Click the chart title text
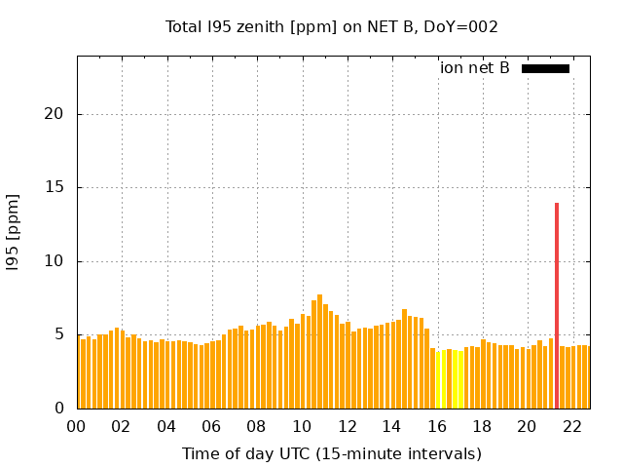[x=332, y=27]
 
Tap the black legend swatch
[x=545, y=68]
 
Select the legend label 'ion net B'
[x=474, y=68]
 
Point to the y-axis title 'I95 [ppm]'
[x=14, y=232]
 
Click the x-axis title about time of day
[x=332, y=453]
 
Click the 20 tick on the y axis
[x=53, y=114]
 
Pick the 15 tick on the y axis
[x=53, y=187]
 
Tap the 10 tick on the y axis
[x=53, y=261]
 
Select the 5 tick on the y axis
[x=57, y=334]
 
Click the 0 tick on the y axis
[x=57, y=409]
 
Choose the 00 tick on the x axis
[x=77, y=426]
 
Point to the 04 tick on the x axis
[x=166, y=426]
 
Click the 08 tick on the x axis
[x=257, y=426]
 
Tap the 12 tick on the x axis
[x=347, y=426]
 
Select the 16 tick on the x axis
[x=437, y=426]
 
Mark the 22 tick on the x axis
[x=572, y=426]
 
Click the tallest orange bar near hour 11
[x=319, y=351]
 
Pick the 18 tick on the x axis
[x=482, y=426]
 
